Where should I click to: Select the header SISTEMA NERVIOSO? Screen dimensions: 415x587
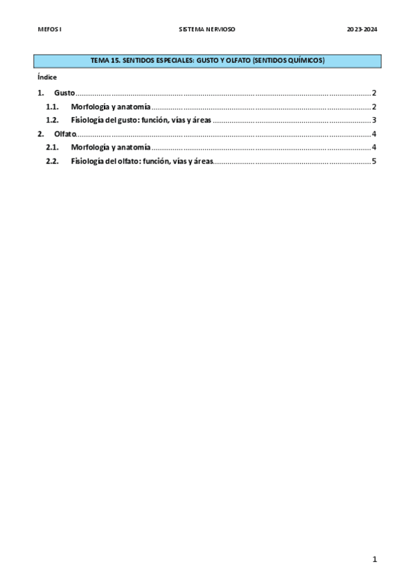(x=207, y=30)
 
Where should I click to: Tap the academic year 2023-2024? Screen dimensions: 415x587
(x=362, y=30)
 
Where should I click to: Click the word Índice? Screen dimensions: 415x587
(x=47, y=77)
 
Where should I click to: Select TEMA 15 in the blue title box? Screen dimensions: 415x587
(x=105, y=61)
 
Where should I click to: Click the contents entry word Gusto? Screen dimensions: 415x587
(x=64, y=93)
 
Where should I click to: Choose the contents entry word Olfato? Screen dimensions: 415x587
(x=64, y=134)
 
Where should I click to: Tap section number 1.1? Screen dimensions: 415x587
(x=52, y=107)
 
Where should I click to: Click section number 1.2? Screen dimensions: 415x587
(x=52, y=120)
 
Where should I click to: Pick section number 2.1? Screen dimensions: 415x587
(x=52, y=147)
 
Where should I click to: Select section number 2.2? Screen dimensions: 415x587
(x=52, y=161)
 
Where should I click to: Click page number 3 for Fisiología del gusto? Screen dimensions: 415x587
(x=373, y=120)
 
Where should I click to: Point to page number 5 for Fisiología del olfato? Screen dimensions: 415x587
(x=373, y=161)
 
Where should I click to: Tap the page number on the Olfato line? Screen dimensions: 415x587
(x=373, y=134)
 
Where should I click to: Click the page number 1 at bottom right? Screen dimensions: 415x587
(x=374, y=559)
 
